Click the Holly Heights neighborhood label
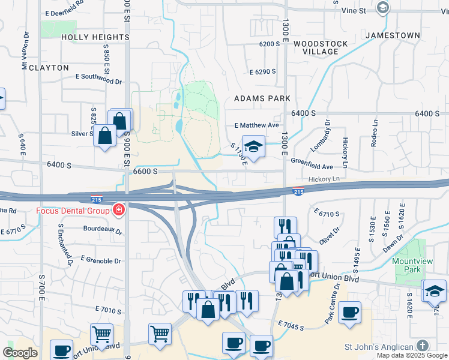(95, 37)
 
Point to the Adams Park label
(262, 98)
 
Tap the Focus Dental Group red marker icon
(119, 210)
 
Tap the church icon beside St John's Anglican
(423, 346)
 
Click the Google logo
(20, 353)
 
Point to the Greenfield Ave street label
(312, 167)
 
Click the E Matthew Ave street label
(257, 125)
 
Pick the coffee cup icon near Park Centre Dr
(349, 313)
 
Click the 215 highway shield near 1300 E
(298, 191)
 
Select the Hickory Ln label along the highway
(324, 179)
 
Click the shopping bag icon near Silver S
(105, 135)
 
